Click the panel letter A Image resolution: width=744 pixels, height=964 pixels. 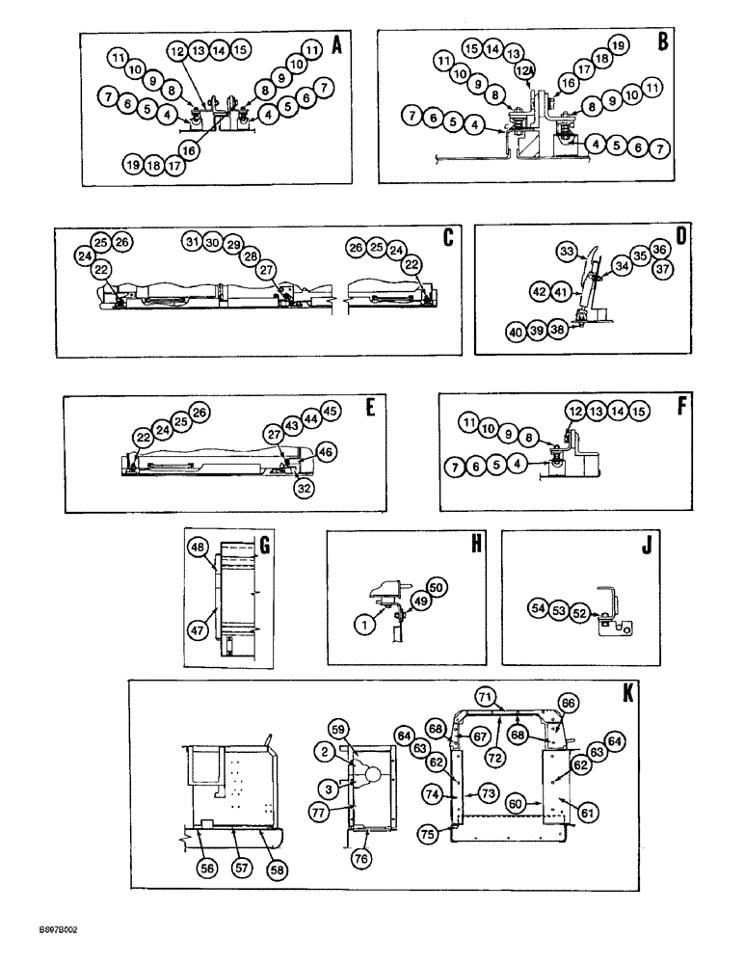point(336,44)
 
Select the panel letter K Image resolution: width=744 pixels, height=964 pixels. point(628,691)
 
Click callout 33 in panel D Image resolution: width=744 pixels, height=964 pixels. point(568,252)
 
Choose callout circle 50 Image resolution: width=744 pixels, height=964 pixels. point(437,587)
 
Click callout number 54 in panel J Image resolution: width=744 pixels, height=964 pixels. point(538,608)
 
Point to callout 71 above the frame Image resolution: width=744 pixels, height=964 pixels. point(488,696)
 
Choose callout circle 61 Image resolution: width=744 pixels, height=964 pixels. point(589,814)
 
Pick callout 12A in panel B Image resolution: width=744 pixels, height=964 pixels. point(524,69)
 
